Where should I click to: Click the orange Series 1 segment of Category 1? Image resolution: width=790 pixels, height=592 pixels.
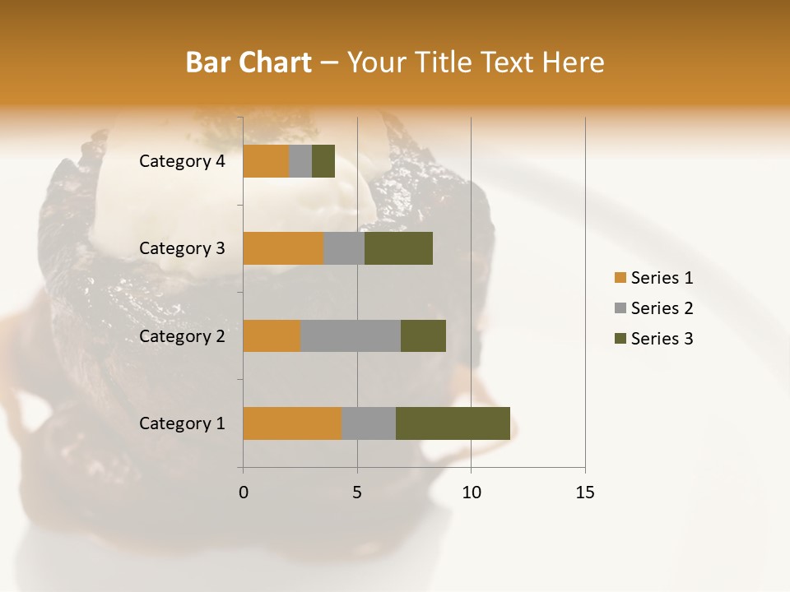pyautogui.click(x=292, y=423)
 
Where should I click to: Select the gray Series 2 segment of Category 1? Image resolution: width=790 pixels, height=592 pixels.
pyautogui.click(x=369, y=423)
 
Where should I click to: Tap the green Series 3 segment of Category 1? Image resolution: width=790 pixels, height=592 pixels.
pyautogui.click(x=453, y=423)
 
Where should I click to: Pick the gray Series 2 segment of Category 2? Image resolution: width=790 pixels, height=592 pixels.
pyautogui.click(x=351, y=335)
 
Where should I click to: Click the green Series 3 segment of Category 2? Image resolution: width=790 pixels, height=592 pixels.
pyautogui.click(x=423, y=335)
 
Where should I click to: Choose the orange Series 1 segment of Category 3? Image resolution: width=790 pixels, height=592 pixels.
pyautogui.click(x=283, y=248)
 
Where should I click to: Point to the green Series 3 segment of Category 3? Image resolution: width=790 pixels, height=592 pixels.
pyautogui.click(x=398, y=248)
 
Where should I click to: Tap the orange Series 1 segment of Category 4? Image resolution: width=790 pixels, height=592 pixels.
pyautogui.click(x=266, y=161)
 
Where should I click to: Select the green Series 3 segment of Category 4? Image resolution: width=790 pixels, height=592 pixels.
pyautogui.click(x=323, y=161)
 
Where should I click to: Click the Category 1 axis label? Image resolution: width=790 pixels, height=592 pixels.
pyautogui.click(x=182, y=423)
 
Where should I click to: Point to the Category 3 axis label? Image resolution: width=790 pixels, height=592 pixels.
pyautogui.click(x=182, y=248)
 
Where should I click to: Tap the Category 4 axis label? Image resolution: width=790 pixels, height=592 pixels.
pyautogui.click(x=182, y=161)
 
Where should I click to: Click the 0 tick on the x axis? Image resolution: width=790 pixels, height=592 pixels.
pyautogui.click(x=244, y=493)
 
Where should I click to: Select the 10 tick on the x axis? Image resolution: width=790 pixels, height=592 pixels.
pyautogui.click(x=471, y=493)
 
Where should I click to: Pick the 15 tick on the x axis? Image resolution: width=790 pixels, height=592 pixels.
pyautogui.click(x=585, y=493)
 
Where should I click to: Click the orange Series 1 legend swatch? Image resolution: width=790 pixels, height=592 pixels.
pyautogui.click(x=620, y=278)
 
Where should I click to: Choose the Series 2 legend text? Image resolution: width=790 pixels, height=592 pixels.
pyautogui.click(x=662, y=308)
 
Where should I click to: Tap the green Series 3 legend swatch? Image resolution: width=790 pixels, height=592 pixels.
pyautogui.click(x=620, y=339)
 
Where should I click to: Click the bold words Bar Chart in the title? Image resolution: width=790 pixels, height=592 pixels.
pyautogui.click(x=248, y=62)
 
